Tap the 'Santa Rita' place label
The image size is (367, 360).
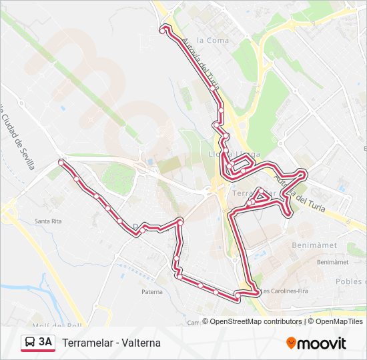(48, 221)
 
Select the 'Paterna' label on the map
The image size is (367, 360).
(152, 291)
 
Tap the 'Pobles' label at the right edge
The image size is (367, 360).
(350, 281)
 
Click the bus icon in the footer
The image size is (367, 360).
(29, 343)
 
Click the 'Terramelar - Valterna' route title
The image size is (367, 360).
(111, 343)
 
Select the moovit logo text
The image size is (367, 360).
(322, 343)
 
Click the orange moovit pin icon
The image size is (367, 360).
(291, 343)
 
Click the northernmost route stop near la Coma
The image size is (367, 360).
(163, 29)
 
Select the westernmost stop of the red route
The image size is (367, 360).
(61, 163)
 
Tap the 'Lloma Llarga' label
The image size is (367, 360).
(234, 155)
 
